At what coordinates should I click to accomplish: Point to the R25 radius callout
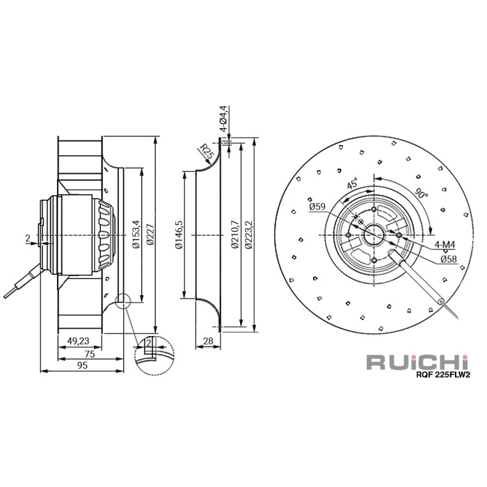(x=205, y=151)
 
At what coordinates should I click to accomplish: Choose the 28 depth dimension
(x=207, y=341)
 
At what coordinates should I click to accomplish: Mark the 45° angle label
(x=353, y=184)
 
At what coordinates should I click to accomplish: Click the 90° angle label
(x=422, y=194)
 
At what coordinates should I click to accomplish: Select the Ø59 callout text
(x=317, y=206)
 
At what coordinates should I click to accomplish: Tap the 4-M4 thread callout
(x=445, y=245)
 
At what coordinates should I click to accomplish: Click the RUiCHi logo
(x=422, y=362)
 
